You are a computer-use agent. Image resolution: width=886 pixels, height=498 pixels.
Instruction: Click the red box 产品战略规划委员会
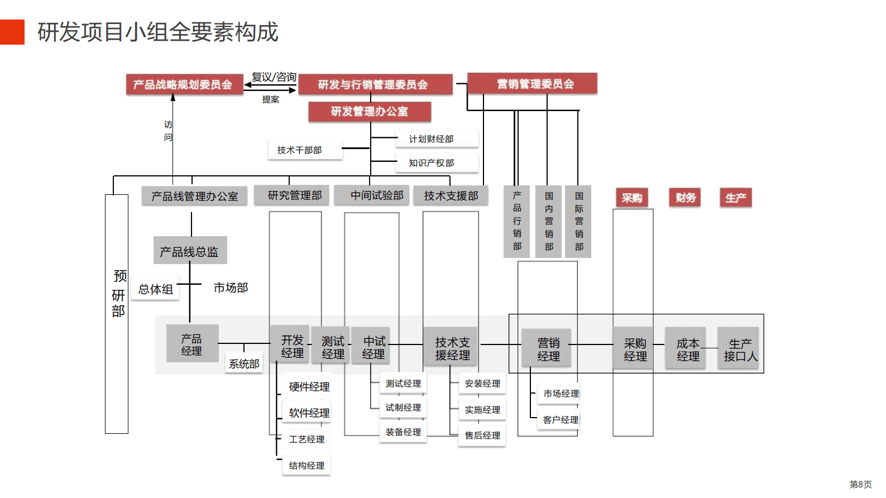pyautogui.click(x=184, y=85)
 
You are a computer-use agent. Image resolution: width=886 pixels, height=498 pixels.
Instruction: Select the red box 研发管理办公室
pyautogui.click(x=370, y=112)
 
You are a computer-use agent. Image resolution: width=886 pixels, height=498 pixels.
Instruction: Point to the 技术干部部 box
pyautogui.click(x=305, y=150)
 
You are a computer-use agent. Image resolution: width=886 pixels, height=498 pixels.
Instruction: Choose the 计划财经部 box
pyautogui.click(x=437, y=139)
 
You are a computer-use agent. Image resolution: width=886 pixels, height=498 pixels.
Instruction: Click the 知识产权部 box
pyautogui.click(x=437, y=163)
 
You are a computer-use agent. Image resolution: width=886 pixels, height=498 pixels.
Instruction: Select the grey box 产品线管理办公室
pyautogui.click(x=194, y=197)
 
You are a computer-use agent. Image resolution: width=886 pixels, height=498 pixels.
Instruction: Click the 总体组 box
pyautogui.click(x=156, y=289)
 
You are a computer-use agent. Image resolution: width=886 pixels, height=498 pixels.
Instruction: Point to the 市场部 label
pyautogui.click(x=231, y=288)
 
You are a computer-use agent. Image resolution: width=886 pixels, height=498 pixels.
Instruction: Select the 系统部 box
pyautogui.click(x=245, y=364)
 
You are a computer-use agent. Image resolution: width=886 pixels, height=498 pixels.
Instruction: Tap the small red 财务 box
pyautogui.click(x=685, y=198)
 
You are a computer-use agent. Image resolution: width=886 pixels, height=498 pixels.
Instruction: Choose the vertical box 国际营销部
pyautogui.click(x=578, y=222)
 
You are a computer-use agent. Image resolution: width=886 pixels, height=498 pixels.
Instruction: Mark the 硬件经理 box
pyautogui.click(x=309, y=386)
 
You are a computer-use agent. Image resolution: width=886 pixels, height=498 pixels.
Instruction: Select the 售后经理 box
pyautogui.click(x=483, y=435)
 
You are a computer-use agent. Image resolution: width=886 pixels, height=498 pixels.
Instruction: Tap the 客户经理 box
pyautogui.click(x=561, y=420)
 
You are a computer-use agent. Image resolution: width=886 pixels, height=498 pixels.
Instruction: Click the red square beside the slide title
pyautogui.click(x=12, y=32)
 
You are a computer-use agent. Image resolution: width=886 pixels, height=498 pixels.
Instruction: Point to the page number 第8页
pyautogui.click(x=860, y=485)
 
